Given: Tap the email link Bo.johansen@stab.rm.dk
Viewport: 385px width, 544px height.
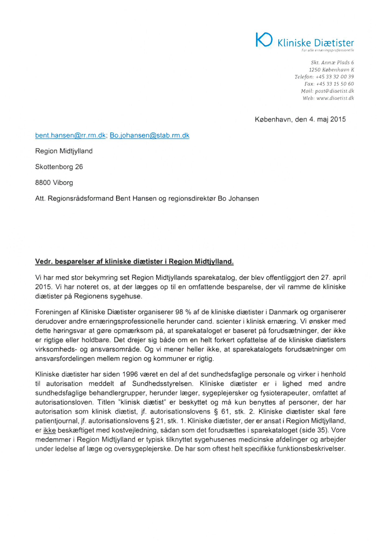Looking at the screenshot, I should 149,136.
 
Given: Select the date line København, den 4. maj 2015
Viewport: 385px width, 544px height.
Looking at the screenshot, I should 301,119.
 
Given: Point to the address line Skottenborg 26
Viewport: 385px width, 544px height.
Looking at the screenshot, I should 59,166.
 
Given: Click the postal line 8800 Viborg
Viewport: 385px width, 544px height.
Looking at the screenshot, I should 54,182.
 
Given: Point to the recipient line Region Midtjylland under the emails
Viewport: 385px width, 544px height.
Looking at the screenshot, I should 64,151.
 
